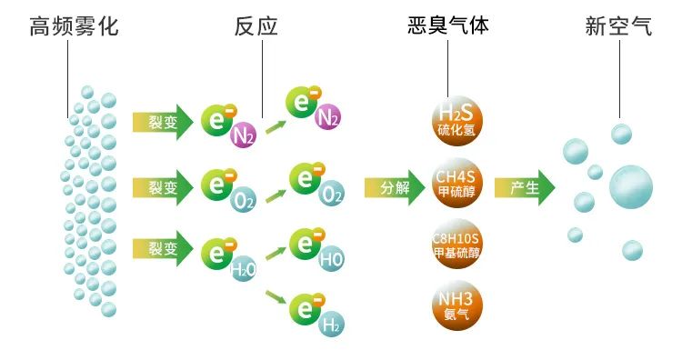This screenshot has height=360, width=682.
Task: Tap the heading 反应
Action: (x=256, y=27)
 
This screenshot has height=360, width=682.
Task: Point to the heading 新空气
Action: (x=618, y=27)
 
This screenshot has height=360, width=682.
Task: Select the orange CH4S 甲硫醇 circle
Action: (x=456, y=187)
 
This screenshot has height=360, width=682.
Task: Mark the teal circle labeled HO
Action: (x=331, y=259)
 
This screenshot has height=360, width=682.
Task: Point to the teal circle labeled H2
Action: (x=331, y=323)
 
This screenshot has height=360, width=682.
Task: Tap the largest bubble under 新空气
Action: (x=630, y=188)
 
